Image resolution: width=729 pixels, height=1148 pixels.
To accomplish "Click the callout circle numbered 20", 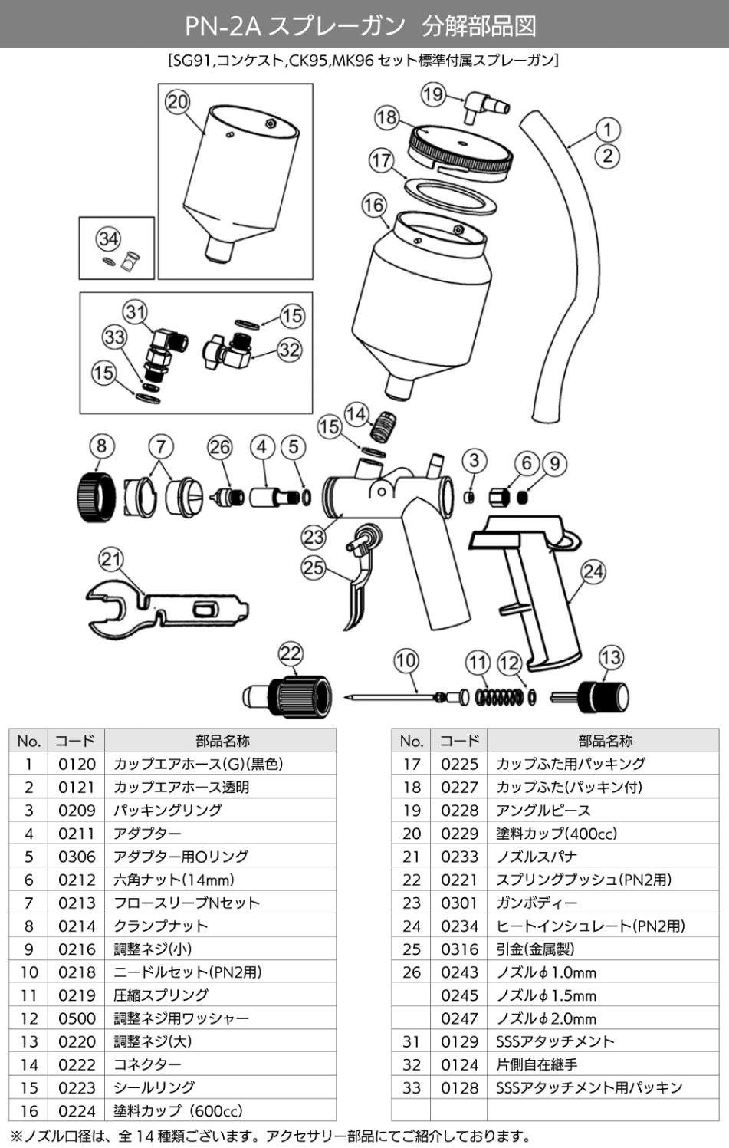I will tap(178, 102).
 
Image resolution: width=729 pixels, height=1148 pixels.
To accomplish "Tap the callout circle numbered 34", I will tap(108, 238).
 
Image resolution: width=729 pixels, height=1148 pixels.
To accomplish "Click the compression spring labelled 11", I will tap(499, 697).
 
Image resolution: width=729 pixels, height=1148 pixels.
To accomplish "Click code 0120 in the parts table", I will tap(77, 764).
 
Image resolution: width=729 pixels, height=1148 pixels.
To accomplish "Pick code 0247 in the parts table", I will tap(459, 1018).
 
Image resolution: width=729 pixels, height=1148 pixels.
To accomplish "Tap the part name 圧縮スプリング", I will tap(161, 995).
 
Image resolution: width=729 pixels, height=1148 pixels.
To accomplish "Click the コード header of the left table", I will tap(76, 741).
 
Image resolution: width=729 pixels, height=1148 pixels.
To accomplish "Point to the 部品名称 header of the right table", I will tap(604, 741).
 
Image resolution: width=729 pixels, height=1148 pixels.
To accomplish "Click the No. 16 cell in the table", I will tap(28, 1110).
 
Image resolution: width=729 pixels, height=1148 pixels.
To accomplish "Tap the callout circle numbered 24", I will tap(593, 572).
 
